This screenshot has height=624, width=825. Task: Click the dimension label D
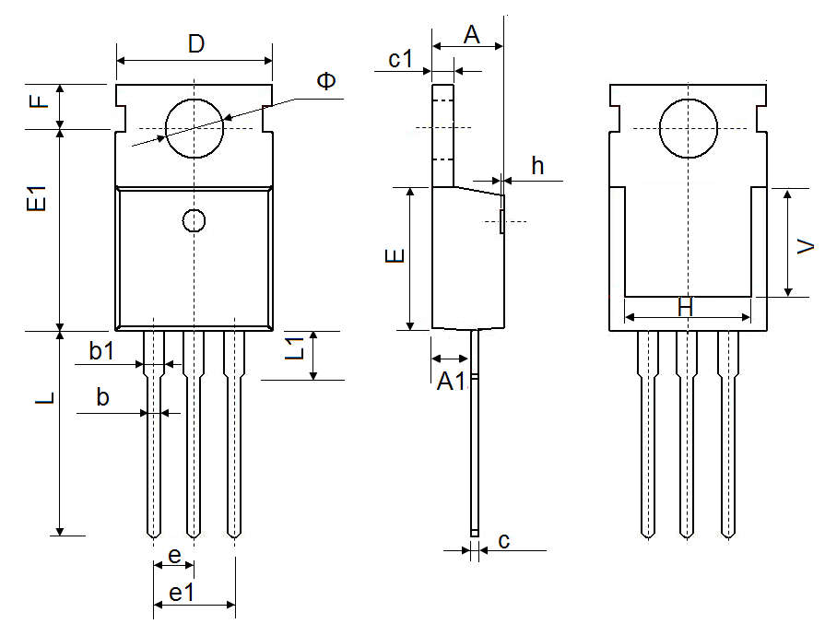(x=195, y=43)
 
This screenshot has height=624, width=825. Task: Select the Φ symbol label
(x=326, y=82)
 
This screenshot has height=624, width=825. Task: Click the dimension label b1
(x=101, y=350)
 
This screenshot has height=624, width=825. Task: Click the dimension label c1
(x=401, y=60)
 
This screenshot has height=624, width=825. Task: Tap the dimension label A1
(x=450, y=382)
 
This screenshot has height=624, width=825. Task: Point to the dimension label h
(x=537, y=166)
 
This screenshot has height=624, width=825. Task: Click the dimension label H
(x=685, y=308)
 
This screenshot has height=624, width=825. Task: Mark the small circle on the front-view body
(x=194, y=220)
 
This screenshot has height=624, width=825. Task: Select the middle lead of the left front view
(x=194, y=433)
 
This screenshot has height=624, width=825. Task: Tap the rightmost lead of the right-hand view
(x=728, y=433)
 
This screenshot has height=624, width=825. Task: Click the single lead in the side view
(x=475, y=433)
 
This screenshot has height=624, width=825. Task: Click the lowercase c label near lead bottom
(x=504, y=541)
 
